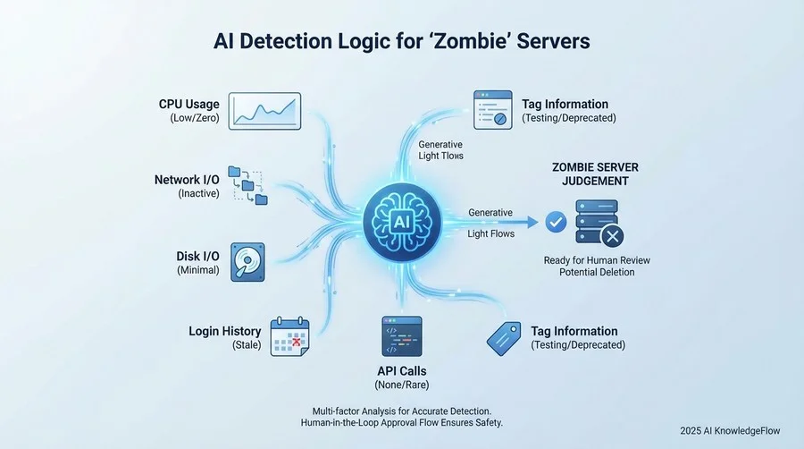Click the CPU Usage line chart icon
264,111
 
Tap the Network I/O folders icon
248,185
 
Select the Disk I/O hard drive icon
247,262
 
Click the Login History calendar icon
289,336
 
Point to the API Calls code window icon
402,336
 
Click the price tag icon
504,339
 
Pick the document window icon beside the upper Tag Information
493,110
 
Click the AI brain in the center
402,222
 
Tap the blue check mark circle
556,222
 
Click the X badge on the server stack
612,236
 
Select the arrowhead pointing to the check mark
532,222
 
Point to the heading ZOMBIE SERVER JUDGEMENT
595,174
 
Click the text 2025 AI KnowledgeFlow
730,431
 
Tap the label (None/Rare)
402,385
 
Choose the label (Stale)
247,345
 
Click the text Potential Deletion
597,272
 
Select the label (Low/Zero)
195,118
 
